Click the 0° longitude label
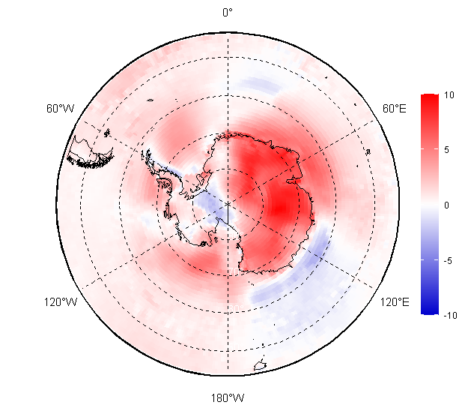pos(228,12)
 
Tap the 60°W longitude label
pos(60,109)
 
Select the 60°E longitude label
pos(395,109)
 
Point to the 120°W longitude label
pos(60,302)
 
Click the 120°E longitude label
pos(395,302)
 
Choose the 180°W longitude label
pos(228,397)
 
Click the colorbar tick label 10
pos(449,95)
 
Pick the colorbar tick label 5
pos(447,150)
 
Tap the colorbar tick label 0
pos(447,205)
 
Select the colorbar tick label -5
pos(448,261)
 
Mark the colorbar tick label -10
pos(449,316)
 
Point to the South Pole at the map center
pos(228,204)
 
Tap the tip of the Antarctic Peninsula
pos(145,153)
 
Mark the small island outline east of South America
pos(151,101)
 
